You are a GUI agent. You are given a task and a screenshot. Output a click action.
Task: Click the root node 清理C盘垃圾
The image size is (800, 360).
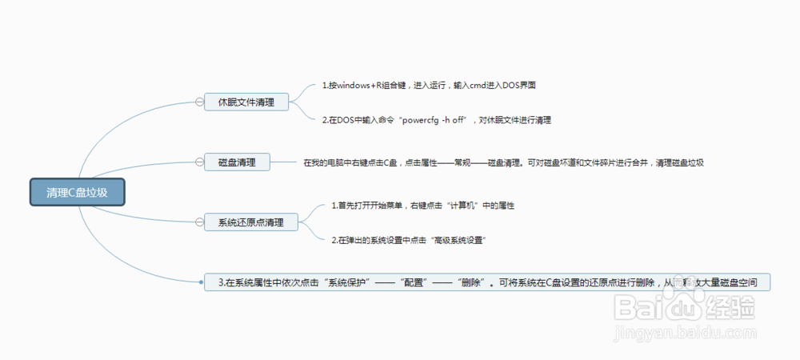[78, 192]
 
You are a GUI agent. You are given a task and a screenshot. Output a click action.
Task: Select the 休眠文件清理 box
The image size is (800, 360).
[246, 102]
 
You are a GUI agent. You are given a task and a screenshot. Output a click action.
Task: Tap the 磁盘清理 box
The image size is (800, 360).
[237, 162]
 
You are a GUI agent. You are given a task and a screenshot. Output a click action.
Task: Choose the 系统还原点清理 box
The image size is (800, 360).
[250, 222]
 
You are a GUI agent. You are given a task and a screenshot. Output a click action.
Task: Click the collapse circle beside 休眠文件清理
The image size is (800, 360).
[199, 102]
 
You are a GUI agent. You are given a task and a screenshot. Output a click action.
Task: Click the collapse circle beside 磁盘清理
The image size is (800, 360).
[199, 162]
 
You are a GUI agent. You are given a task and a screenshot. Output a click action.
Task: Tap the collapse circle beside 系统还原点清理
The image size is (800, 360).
[199, 222]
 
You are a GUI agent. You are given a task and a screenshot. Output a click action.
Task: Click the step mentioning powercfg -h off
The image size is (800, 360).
[437, 120]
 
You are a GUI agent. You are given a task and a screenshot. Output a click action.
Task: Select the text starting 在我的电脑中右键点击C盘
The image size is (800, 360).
[503, 162]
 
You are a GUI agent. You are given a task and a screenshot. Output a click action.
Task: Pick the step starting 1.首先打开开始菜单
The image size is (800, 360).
[422, 206]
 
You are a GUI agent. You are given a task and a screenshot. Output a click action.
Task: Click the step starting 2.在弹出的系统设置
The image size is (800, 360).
[410, 239]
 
